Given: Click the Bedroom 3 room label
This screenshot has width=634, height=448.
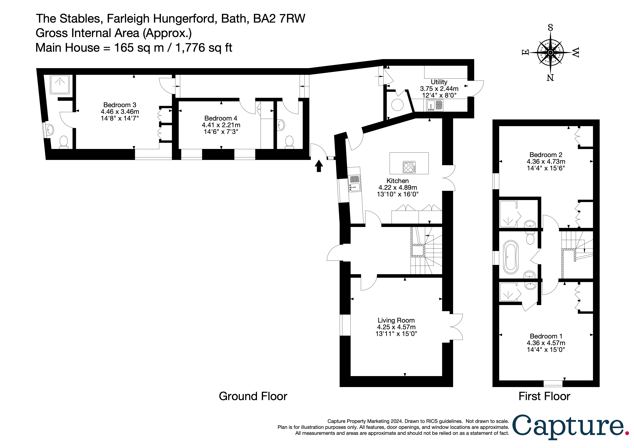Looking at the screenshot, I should coord(120,105).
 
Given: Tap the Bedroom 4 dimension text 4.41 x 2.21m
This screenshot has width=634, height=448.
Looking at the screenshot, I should coord(221,125).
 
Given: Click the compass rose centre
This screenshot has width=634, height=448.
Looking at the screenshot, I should coord(550,52).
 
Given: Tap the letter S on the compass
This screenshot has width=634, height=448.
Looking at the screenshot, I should coord(550,28).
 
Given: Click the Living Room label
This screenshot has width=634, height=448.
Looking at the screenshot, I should coord(396,320).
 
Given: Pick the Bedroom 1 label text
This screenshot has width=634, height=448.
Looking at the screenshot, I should coord(546,336).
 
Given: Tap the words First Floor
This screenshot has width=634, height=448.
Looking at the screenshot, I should coord(544,396).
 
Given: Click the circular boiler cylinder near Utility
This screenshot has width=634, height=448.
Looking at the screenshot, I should coord(397,105).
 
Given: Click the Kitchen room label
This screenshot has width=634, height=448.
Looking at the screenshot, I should coord(397,181).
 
